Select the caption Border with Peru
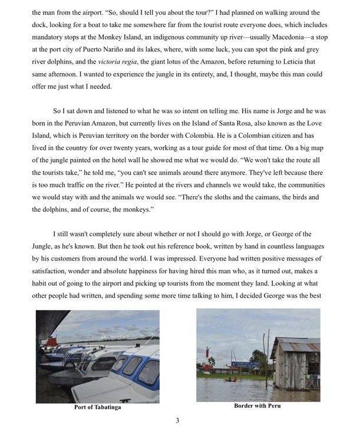click(257, 406)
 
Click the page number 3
click(177, 420)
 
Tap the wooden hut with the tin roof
click(295, 365)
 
